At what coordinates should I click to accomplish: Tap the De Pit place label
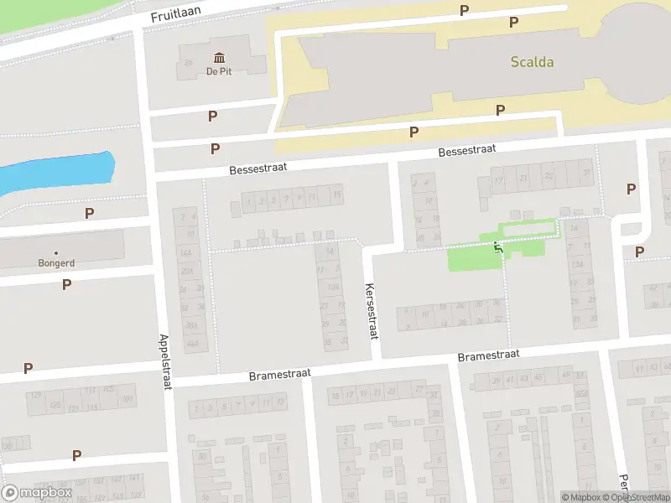click(219, 71)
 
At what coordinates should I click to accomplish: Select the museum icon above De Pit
click(219, 57)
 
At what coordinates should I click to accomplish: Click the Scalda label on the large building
click(532, 61)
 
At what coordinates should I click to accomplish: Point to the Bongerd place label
click(57, 262)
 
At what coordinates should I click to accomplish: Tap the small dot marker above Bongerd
click(57, 252)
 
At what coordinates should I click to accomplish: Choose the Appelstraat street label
click(164, 355)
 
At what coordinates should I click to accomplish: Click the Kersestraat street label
click(370, 310)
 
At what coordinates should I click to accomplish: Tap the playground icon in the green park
click(498, 246)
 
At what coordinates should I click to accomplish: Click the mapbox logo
click(37, 492)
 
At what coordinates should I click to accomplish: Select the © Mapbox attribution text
click(583, 497)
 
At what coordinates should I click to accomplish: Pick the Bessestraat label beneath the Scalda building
click(466, 150)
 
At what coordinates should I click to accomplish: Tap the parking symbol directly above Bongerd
click(89, 214)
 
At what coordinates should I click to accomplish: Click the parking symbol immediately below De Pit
click(213, 117)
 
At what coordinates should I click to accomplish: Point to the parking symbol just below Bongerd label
click(66, 284)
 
